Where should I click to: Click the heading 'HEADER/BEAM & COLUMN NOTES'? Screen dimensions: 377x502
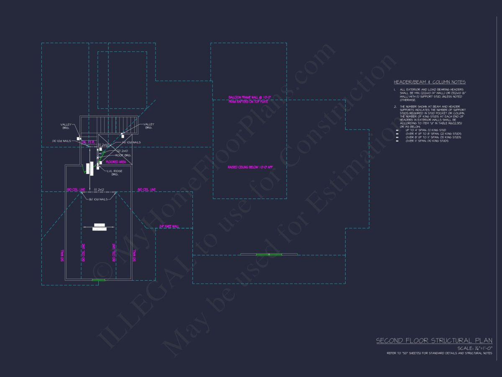tap(430, 82)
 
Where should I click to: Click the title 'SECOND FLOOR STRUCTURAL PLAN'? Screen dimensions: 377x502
tap(434, 341)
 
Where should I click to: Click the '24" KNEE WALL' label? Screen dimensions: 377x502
tap(169, 227)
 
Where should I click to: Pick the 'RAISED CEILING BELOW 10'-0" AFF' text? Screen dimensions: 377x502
tap(250, 167)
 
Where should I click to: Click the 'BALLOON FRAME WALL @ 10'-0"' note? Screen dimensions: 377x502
tap(250, 98)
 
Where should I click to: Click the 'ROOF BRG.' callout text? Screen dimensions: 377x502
tap(123, 155)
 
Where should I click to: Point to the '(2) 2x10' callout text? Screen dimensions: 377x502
tap(122, 151)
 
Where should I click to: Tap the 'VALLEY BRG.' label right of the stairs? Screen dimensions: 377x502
tap(149, 126)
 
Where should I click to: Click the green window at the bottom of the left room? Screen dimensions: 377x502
tap(98, 280)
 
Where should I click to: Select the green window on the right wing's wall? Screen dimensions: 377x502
tap(269, 254)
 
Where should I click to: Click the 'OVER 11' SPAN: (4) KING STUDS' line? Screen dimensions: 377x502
tap(427, 141)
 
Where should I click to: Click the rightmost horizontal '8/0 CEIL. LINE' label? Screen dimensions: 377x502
tap(146, 190)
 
